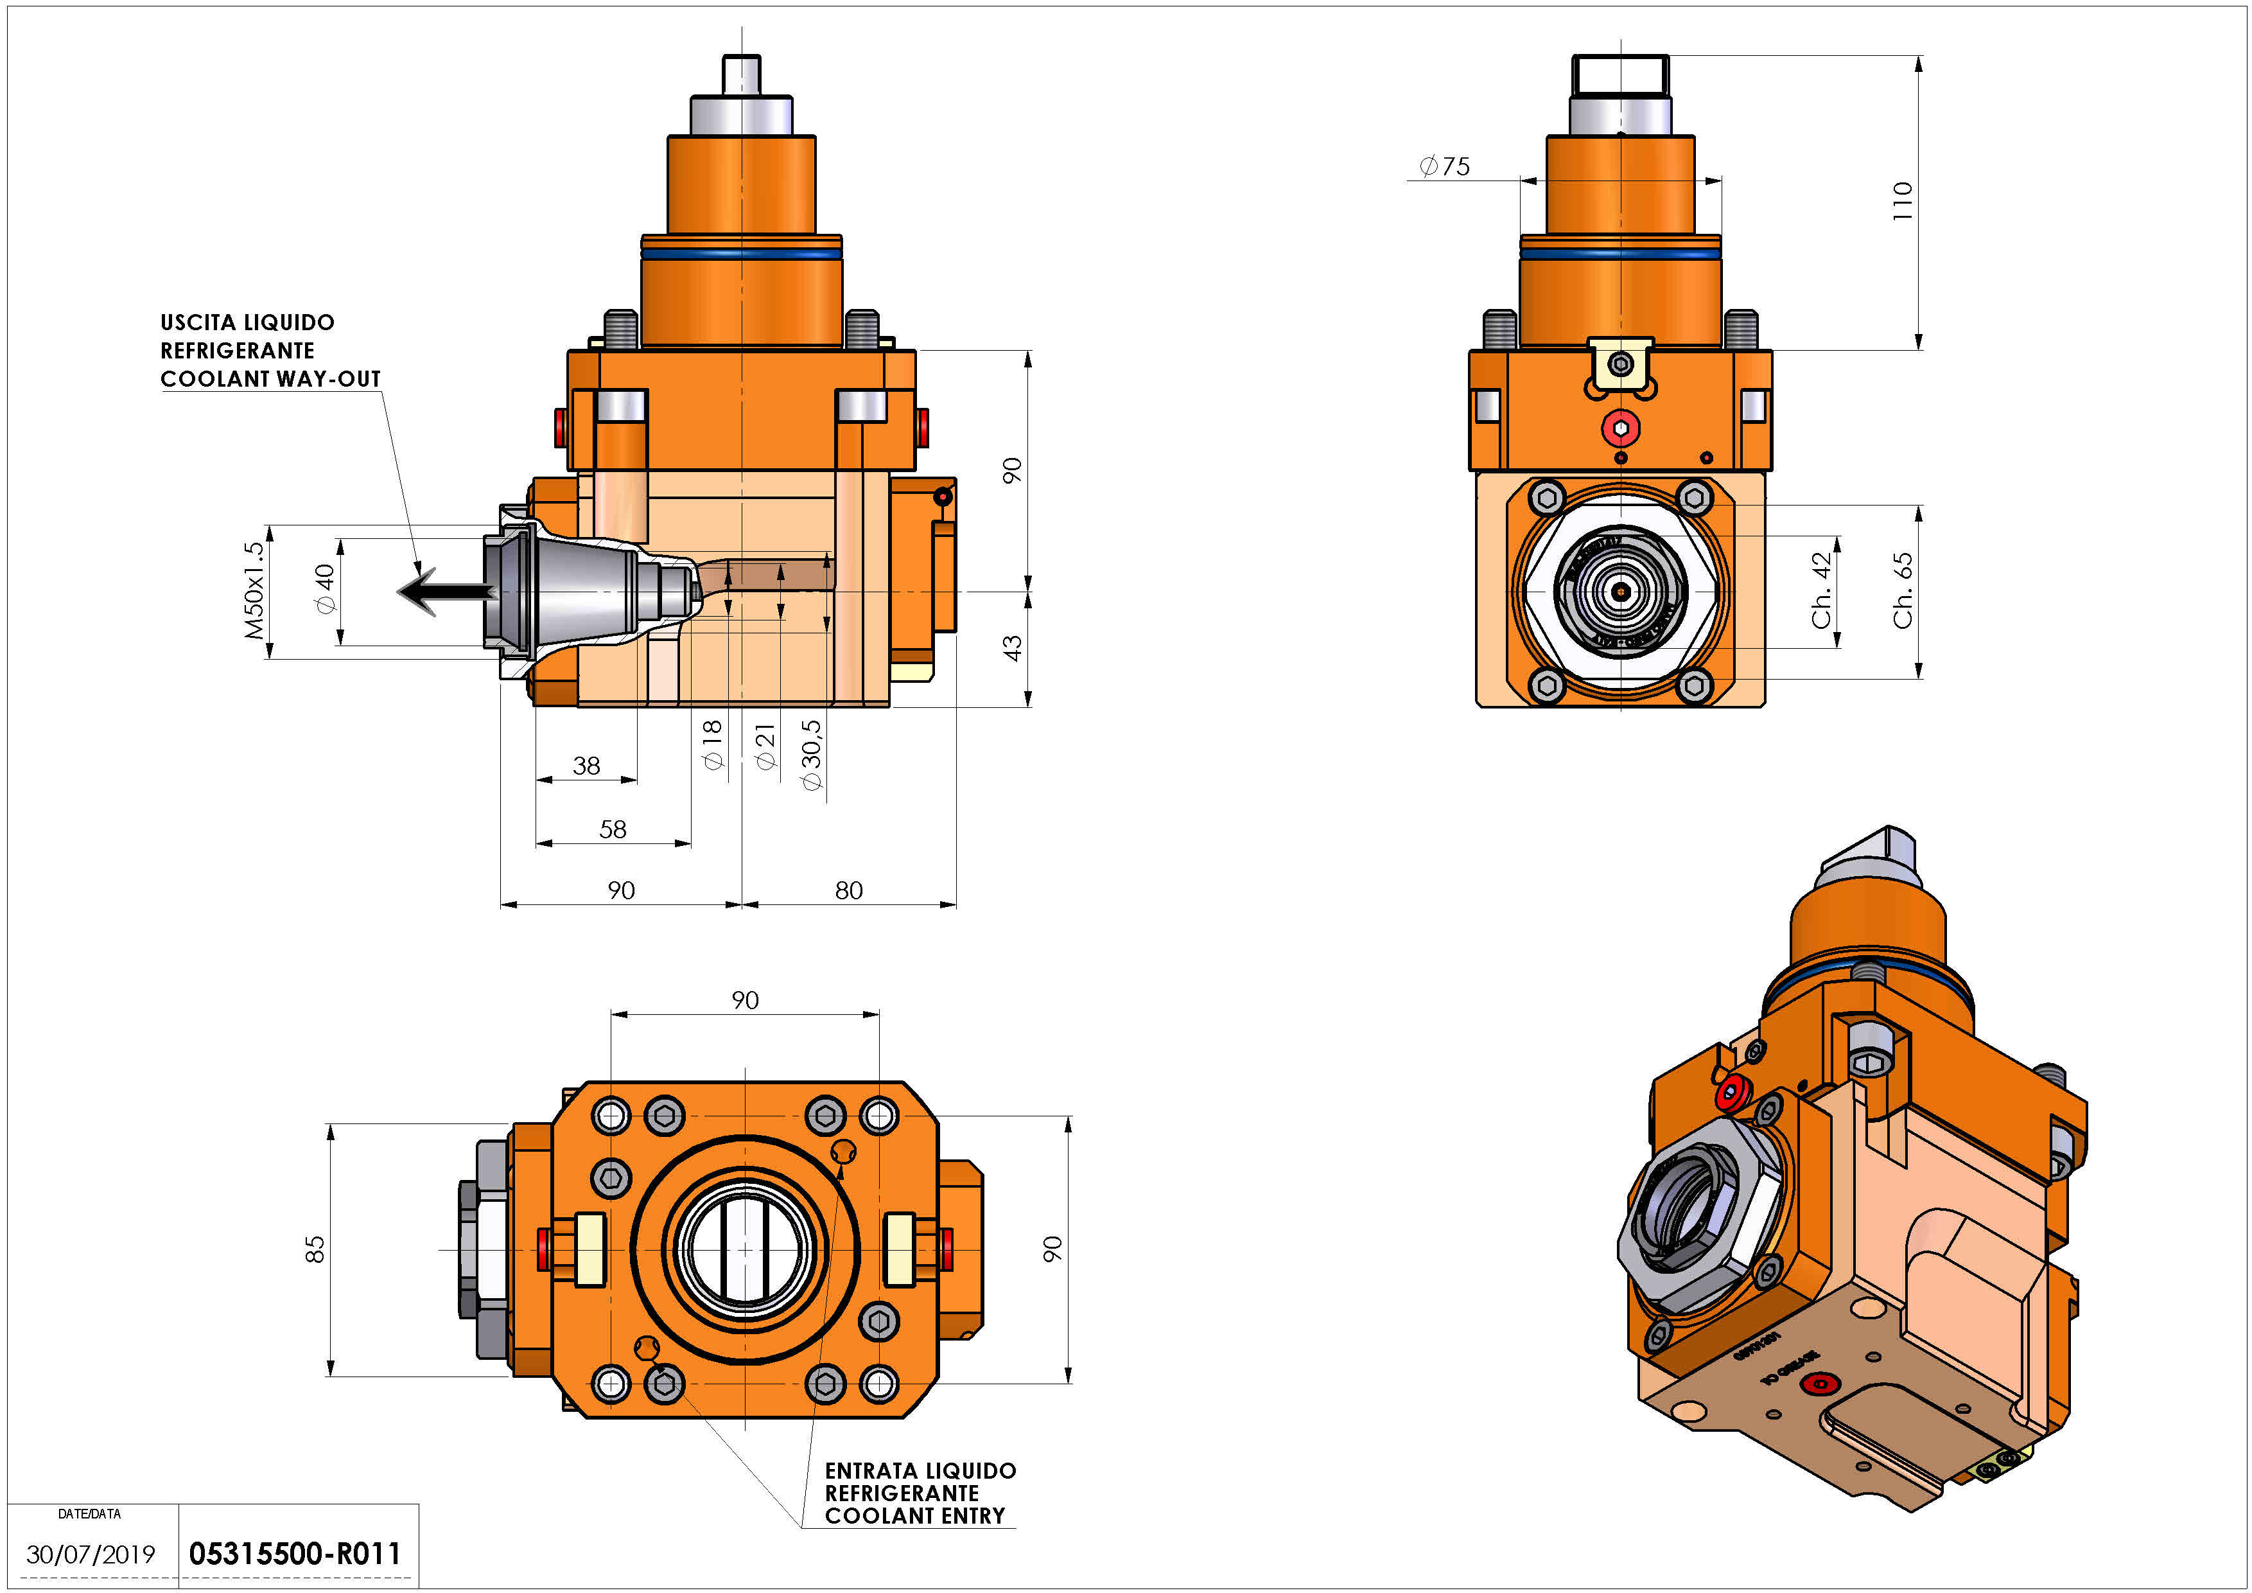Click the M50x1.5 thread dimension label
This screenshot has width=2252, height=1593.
point(254,590)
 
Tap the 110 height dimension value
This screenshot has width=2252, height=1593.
point(1902,201)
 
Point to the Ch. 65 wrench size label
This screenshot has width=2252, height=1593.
point(1902,590)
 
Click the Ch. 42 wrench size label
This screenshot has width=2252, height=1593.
point(1821,590)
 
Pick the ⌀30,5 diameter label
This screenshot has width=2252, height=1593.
point(811,755)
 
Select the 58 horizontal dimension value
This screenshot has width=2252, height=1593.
point(613,830)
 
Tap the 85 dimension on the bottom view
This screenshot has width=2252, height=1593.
point(314,1250)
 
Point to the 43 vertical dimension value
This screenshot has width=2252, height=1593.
point(1011,647)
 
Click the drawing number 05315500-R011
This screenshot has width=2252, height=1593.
point(294,1554)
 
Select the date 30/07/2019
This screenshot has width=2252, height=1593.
point(91,1554)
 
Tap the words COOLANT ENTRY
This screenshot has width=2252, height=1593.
point(914,1517)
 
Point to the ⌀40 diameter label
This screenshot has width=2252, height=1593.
point(325,588)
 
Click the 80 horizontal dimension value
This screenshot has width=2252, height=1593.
point(848,891)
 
